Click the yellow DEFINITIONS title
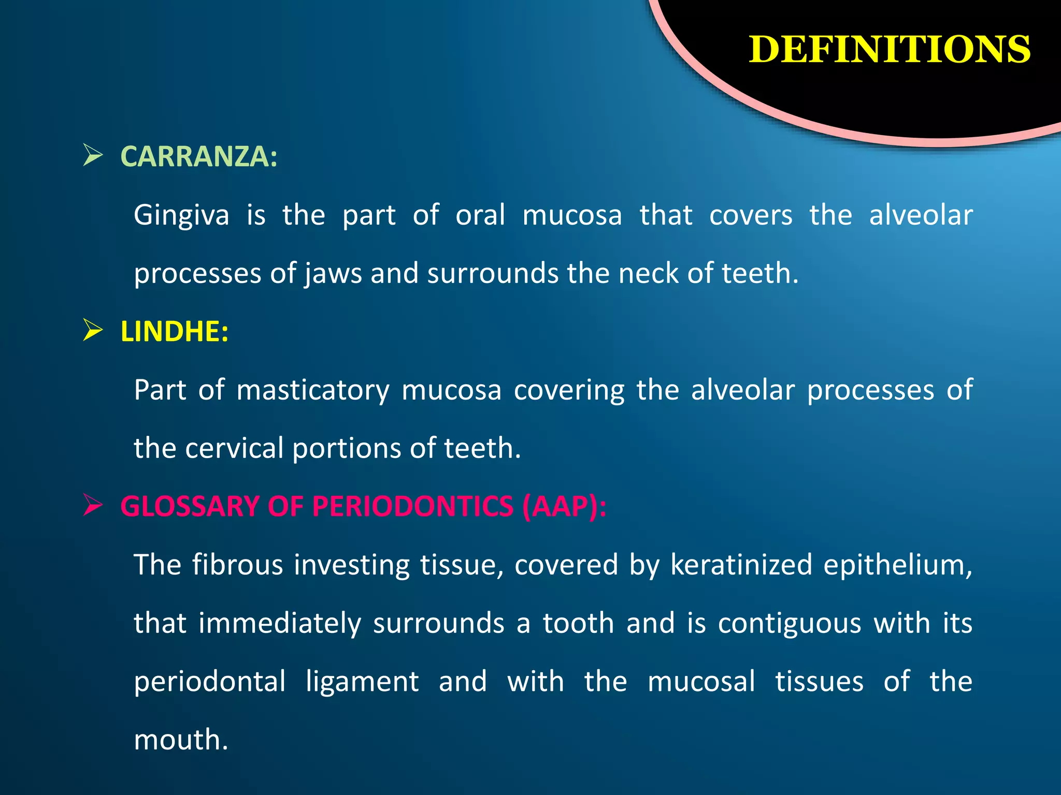click(x=889, y=50)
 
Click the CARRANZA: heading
click(x=199, y=156)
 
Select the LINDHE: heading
click(x=174, y=331)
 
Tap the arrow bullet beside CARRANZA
click(x=93, y=156)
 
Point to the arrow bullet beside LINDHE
click(x=93, y=331)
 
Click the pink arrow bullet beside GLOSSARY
click(x=93, y=506)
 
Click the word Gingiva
click(x=181, y=215)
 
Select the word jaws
click(x=333, y=273)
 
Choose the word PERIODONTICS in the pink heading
click(x=413, y=506)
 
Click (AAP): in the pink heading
click(x=564, y=506)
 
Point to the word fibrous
click(x=237, y=565)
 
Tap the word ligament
click(x=362, y=682)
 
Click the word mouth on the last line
click(x=180, y=740)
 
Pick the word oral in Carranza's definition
click(x=480, y=215)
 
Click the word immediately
click(x=280, y=623)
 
